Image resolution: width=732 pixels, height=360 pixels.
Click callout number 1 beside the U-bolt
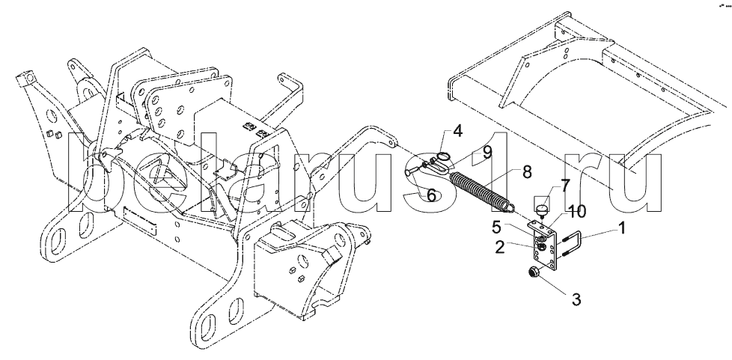pos(621,228)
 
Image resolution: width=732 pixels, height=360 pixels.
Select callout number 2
pos(500,248)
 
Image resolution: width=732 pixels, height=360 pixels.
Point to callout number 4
pos(457,131)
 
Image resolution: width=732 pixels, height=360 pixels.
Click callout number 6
pos(431,195)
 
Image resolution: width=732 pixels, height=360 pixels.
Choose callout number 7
pos(565,186)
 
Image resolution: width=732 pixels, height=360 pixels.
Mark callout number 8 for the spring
pos(527,172)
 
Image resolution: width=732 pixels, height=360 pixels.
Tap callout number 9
pos(487,153)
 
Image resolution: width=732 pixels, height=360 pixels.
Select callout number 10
pos(577,212)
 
